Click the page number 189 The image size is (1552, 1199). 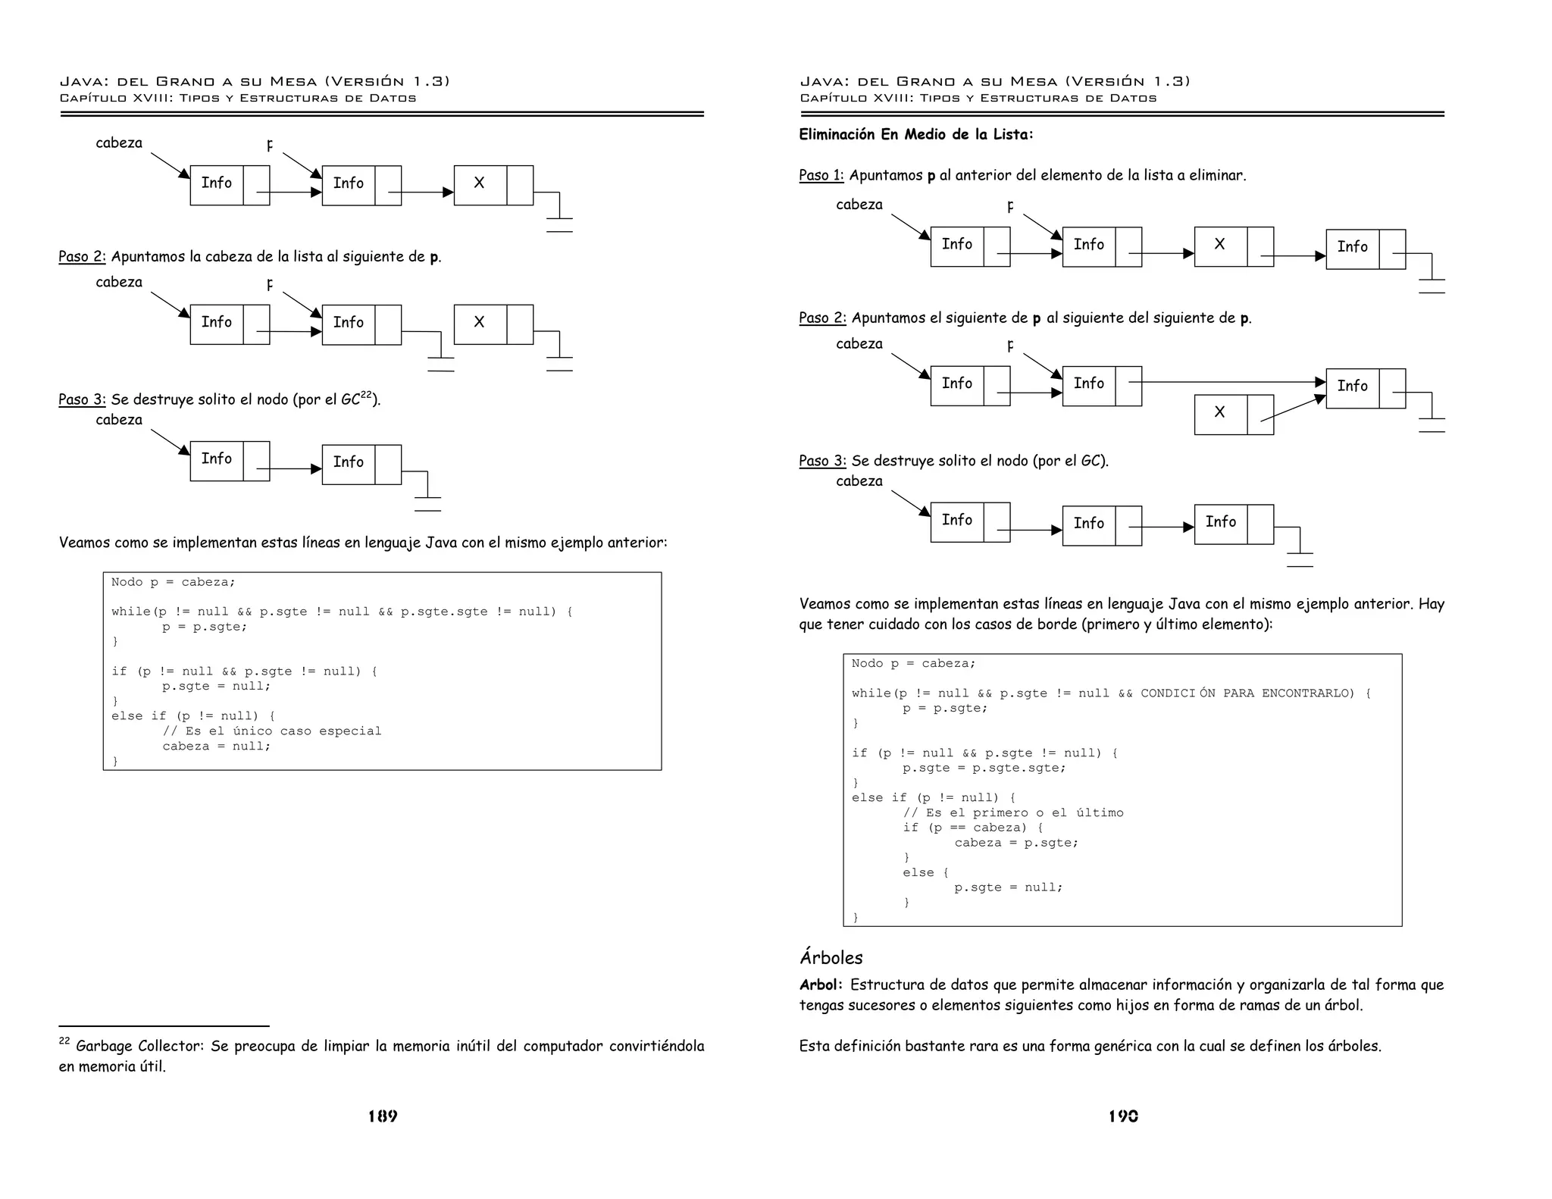[383, 1116]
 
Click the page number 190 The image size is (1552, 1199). [1123, 1116]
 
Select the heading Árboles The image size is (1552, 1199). [831, 957]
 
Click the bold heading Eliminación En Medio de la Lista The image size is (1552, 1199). [915, 134]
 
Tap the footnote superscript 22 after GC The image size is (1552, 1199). [367, 395]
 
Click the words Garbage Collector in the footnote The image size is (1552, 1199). [139, 1046]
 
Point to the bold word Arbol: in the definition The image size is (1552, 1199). [821, 985]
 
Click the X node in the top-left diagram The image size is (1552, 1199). [480, 183]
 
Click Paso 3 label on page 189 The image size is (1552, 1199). [82, 399]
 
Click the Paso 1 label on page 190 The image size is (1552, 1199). [821, 175]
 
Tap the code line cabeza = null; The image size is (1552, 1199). [216, 746]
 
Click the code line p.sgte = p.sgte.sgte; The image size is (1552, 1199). [984, 768]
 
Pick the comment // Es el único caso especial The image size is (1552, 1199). [271, 731]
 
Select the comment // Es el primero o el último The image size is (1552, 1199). [1012, 812]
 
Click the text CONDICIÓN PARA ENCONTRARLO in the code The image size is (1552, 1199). [1247, 693]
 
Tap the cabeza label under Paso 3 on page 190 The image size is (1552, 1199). [859, 481]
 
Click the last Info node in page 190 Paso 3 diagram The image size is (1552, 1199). [1221, 522]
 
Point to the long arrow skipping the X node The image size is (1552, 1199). [1231, 382]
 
